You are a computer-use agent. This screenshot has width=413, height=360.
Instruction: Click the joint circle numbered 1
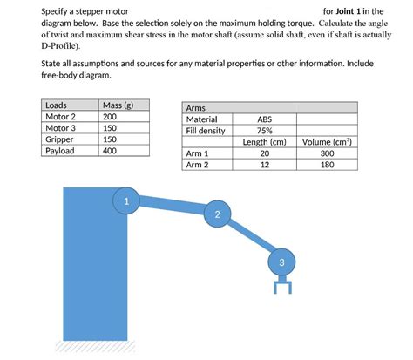(126, 201)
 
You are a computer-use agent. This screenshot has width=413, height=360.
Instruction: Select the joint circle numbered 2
(217, 214)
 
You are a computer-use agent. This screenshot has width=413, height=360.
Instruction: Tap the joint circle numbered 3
(281, 262)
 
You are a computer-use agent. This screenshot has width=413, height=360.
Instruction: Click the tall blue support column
(95, 270)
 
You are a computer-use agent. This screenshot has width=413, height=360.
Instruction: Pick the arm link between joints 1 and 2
(172, 207)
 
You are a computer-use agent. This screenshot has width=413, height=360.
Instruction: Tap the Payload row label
(60, 150)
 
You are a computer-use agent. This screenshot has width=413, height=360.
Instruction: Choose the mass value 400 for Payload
(110, 150)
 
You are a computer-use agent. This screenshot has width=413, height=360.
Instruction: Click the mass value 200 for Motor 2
(110, 117)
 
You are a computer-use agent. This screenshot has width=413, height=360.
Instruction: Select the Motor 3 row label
(60, 127)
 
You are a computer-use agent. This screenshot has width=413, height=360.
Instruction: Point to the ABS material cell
(264, 119)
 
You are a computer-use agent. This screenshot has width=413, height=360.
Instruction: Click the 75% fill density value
(264, 131)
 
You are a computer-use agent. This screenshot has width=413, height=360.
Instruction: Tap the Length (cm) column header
(265, 142)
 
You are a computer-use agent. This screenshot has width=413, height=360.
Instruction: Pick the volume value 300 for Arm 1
(327, 153)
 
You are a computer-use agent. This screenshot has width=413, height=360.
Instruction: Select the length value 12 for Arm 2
(265, 164)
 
